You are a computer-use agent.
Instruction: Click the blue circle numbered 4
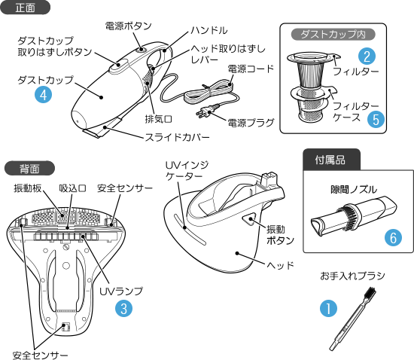(44, 95)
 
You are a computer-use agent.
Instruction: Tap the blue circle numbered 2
(367, 56)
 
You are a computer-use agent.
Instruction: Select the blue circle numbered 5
(376, 120)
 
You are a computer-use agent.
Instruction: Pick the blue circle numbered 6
(393, 237)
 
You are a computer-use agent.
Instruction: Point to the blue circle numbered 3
(124, 308)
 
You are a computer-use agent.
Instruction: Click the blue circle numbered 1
(328, 308)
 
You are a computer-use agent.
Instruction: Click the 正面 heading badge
(25, 7)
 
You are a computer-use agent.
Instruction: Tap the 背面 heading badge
(29, 168)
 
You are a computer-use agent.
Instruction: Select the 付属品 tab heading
(331, 159)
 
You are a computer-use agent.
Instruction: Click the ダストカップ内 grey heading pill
(333, 35)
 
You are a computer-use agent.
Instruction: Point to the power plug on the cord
(207, 110)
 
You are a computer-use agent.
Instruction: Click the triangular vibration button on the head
(248, 219)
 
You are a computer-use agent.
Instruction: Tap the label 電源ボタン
(128, 26)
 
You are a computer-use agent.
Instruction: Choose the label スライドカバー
(177, 137)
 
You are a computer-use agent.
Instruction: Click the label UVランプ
(121, 291)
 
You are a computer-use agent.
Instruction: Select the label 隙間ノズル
(354, 189)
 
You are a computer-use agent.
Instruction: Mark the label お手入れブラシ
(352, 276)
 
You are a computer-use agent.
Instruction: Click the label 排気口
(158, 119)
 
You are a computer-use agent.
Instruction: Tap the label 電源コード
(251, 69)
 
